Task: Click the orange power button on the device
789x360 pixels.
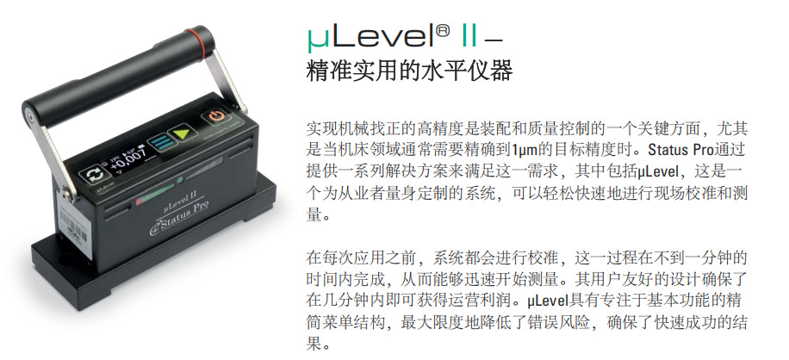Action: pos(217,116)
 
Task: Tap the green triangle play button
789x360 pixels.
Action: pos(182,134)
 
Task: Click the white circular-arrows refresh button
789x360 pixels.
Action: pos(93,175)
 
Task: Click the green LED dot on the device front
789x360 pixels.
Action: pos(179,180)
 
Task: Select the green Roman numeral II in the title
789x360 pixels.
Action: pos(469,37)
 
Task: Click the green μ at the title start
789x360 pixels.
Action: pos(316,40)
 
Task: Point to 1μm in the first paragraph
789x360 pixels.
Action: pos(525,149)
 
